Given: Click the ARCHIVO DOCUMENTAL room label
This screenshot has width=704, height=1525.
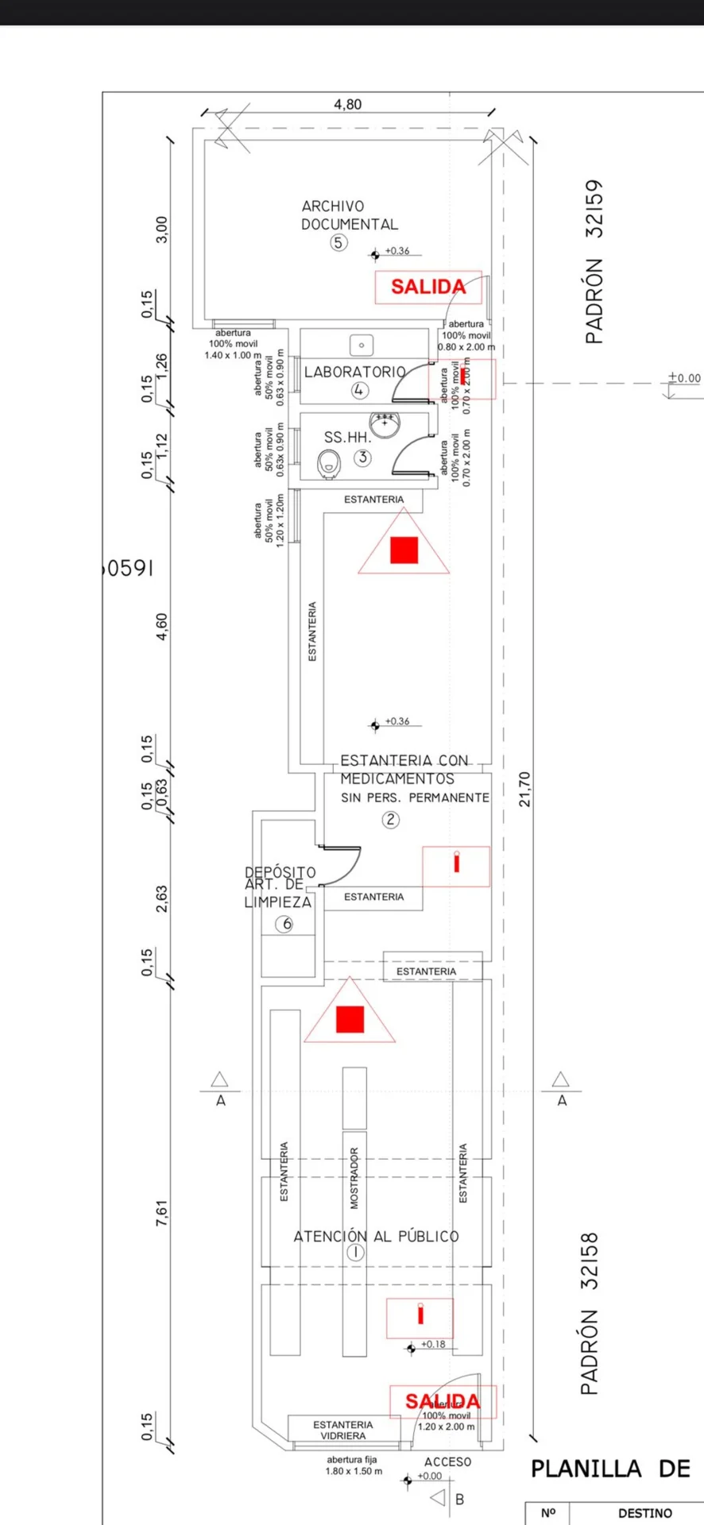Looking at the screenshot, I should [349, 215].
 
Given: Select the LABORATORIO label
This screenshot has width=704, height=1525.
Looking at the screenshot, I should [354, 372].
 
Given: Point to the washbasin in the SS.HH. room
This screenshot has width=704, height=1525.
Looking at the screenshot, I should [385, 423].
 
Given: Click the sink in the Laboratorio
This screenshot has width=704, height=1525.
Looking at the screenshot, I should [362, 346].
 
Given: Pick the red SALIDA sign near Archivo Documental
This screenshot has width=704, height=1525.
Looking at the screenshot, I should [428, 287].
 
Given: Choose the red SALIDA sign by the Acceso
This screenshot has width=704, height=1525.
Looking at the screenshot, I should [443, 1401].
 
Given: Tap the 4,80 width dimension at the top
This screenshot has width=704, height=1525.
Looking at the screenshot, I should [347, 104].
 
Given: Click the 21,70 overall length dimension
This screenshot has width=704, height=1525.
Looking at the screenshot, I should [524, 789].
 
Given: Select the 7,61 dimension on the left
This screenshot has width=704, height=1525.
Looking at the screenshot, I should [161, 1212].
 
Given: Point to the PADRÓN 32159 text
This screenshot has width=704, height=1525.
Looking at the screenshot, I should [594, 261].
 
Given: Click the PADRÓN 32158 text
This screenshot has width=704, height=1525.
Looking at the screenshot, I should [589, 1313].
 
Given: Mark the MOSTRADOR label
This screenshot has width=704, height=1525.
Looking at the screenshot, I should [354, 1178].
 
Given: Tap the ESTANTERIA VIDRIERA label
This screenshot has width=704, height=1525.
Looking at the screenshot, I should [342, 1430].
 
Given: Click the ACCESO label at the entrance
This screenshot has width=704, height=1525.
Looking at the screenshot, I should [447, 1461].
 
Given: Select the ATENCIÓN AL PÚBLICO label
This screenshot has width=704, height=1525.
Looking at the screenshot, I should [376, 1236].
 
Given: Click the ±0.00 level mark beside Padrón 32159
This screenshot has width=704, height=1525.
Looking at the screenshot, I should [684, 378].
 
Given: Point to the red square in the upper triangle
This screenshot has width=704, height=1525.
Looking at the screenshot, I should [404, 550].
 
